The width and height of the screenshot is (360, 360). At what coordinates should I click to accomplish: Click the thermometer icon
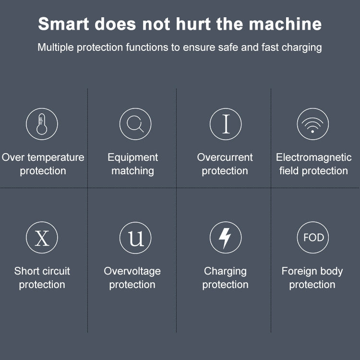click(42, 124)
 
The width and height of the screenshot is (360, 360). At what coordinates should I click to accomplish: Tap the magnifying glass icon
click(135, 124)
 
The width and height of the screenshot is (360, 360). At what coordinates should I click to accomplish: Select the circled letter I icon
click(226, 124)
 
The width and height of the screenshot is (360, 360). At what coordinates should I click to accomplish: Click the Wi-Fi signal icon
click(312, 124)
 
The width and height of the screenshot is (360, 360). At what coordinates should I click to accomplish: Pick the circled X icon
click(42, 238)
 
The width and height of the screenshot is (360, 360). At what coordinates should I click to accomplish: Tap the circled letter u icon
click(135, 238)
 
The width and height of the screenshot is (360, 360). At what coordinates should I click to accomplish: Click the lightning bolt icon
click(226, 238)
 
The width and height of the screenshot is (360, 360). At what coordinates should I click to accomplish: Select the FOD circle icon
click(312, 238)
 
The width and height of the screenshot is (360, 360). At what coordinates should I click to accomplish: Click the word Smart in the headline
click(63, 24)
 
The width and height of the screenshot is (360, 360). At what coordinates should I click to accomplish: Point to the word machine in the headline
click(286, 24)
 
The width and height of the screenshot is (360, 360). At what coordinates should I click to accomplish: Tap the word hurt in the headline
click(193, 24)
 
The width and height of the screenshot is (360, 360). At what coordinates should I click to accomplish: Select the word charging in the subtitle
click(302, 48)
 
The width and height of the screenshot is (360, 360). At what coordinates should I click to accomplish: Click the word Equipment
click(132, 158)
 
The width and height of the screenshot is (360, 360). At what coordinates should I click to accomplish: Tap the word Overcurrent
click(225, 157)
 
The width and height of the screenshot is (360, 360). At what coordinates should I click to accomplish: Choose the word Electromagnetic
click(313, 158)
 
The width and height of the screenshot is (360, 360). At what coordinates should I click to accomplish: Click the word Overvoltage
click(132, 271)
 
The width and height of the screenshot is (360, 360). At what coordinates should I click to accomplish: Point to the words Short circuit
click(42, 271)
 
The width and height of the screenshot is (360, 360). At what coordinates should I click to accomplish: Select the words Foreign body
click(312, 271)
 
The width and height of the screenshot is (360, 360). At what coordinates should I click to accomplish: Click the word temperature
click(56, 158)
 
